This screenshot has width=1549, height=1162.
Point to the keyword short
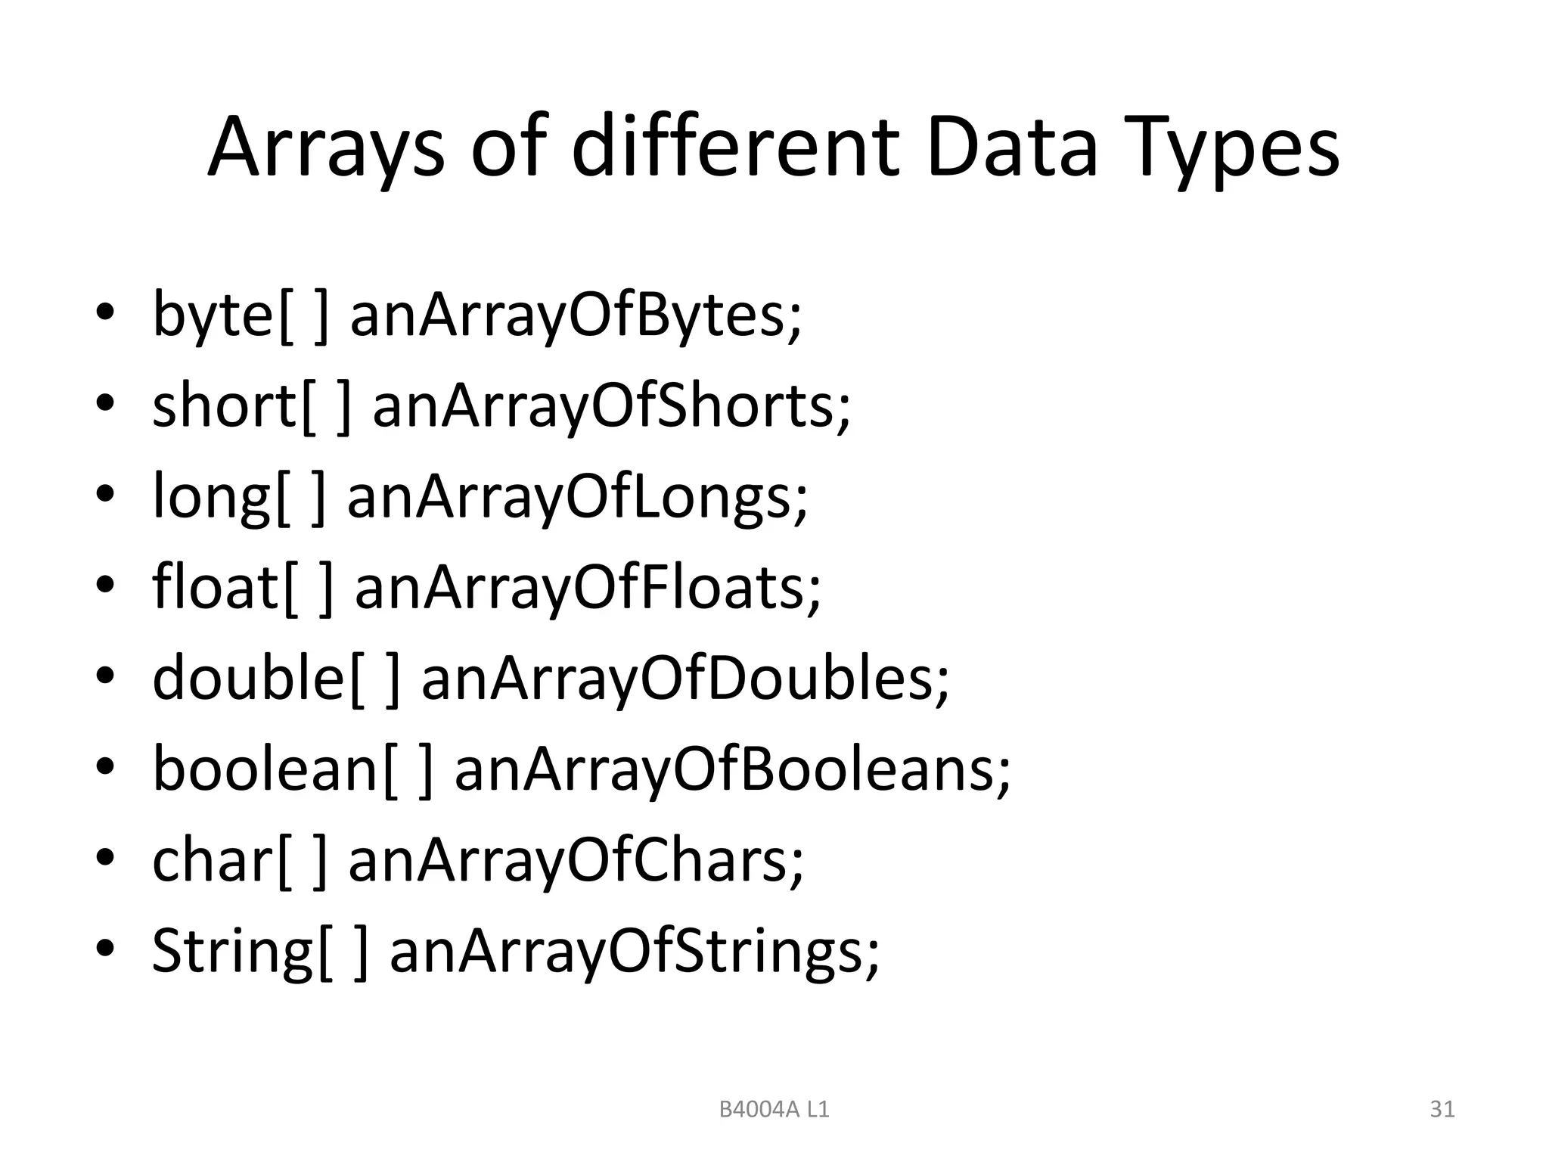pos(225,405)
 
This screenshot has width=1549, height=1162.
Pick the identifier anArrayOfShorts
pos(611,406)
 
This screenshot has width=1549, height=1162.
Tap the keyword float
pos(216,587)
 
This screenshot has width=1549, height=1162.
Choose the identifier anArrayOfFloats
pos(588,588)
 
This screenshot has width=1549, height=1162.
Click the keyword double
pos(249,678)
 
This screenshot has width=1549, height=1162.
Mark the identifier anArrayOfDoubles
pos(684,678)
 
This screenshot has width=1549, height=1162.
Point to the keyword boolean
pos(265,769)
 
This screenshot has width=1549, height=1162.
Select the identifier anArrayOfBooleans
pos(731,769)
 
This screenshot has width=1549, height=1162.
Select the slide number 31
pos(1442,1109)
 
